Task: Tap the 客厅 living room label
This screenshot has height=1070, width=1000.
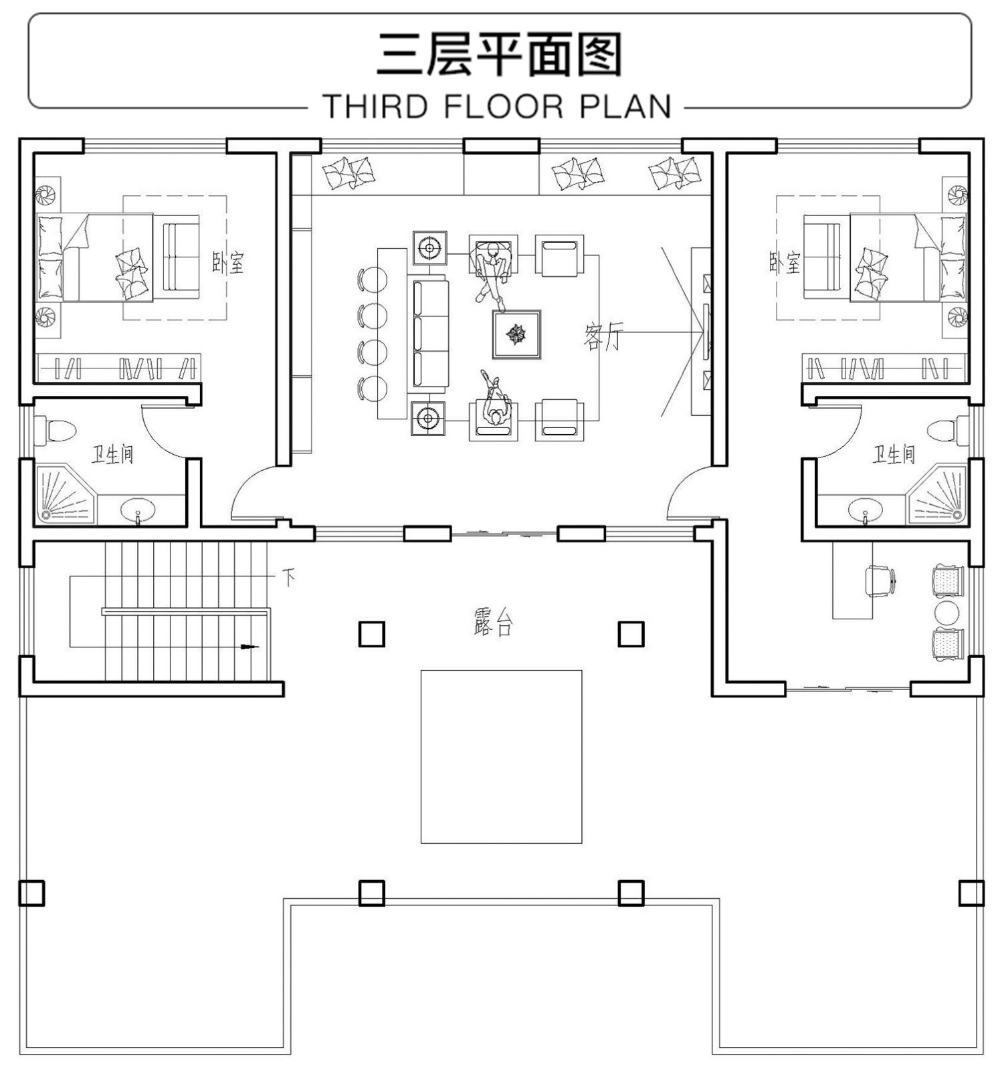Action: coord(603,336)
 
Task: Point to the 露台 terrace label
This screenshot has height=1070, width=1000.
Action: coord(493,622)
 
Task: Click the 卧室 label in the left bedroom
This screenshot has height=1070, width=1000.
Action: coord(228,262)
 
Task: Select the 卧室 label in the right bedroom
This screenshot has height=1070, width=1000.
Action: coord(784,262)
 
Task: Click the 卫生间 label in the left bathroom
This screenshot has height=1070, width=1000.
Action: coord(112,455)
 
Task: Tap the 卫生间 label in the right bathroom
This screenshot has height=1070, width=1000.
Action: coord(893,455)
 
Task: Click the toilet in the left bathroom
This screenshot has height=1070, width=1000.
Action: coord(55,430)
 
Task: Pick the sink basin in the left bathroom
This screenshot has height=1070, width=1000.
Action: coord(138,510)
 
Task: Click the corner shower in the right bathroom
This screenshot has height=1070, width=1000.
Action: coord(938,495)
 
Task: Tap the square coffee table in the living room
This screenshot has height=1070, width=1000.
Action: coord(516,334)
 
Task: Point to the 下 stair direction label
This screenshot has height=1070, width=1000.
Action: coord(288,577)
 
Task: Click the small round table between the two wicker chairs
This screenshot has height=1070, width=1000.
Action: coord(947,613)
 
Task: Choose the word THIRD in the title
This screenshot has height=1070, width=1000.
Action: coord(375,106)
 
